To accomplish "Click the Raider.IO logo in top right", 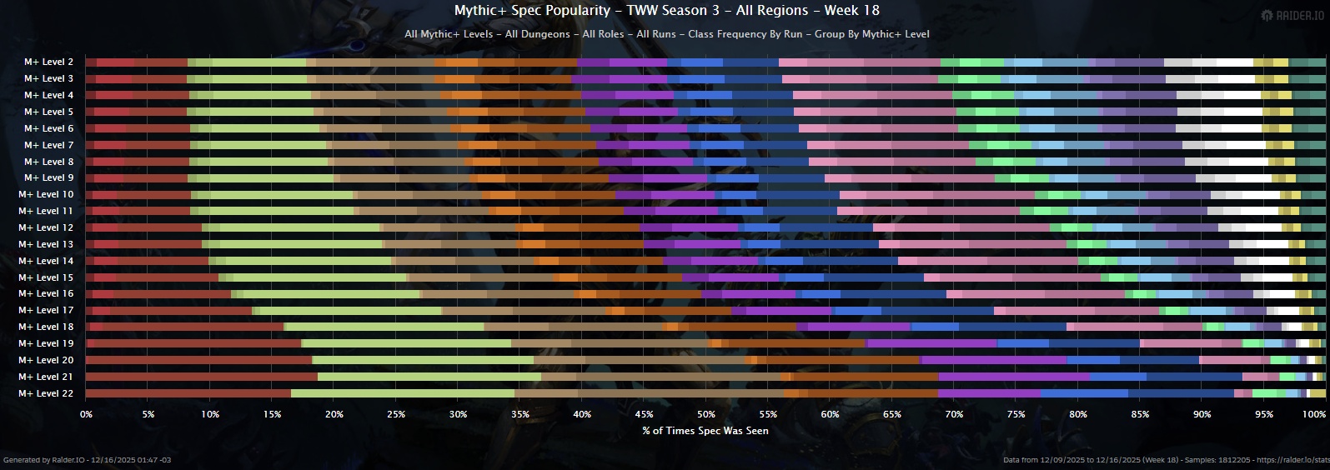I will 1292,15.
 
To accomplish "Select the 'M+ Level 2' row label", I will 48,62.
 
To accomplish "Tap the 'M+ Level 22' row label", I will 46,393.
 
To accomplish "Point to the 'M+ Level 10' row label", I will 46,194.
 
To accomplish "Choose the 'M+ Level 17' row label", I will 46,310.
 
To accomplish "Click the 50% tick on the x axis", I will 706,414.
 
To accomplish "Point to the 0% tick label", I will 86,414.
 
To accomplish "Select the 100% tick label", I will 1314,414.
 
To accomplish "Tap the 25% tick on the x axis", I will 396,414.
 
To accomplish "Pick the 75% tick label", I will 1016,414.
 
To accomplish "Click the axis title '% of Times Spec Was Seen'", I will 705,431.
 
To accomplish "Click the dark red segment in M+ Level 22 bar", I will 188,393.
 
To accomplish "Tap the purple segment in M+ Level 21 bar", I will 1013,377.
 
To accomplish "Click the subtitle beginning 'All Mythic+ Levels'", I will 666,34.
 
